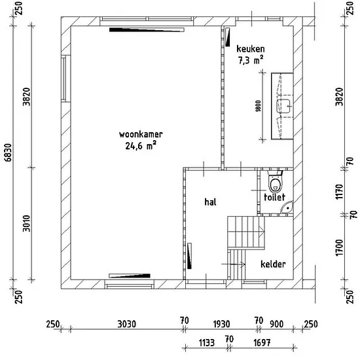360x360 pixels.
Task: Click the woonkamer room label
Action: click(x=141, y=134)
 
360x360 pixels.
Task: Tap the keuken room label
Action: click(x=251, y=49)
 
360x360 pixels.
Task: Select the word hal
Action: click(x=210, y=202)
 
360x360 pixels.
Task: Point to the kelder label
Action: click(x=273, y=264)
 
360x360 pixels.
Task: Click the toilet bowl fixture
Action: click(x=275, y=181)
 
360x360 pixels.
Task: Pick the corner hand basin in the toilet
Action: click(x=287, y=207)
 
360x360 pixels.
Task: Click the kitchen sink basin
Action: click(x=284, y=106)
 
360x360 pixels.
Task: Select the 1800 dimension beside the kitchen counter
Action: click(x=259, y=106)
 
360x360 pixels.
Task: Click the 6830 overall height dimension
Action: click(x=8, y=153)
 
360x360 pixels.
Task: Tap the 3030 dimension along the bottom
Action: click(x=127, y=324)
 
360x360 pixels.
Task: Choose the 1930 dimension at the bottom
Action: click(x=221, y=324)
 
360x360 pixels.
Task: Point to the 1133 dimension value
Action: click(x=207, y=343)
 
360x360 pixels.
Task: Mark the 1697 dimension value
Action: click(x=262, y=343)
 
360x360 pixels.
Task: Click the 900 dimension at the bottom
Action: click(x=276, y=324)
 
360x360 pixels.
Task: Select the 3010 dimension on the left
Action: click(x=26, y=224)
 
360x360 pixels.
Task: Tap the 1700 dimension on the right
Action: click(x=339, y=247)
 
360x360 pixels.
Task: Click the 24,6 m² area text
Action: click(x=141, y=145)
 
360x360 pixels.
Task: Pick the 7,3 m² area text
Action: click(x=251, y=60)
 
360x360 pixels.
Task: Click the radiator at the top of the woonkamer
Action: click(x=147, y=29)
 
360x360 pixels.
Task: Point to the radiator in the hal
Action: click(x=189, y=256)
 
